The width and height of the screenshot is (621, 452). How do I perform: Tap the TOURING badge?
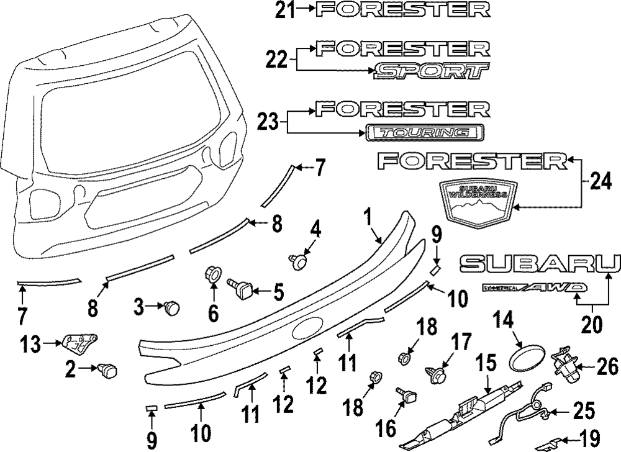pos(424,132)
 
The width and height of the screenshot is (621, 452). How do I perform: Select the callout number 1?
pos(368,217)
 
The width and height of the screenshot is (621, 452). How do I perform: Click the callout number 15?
pos(486,363)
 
